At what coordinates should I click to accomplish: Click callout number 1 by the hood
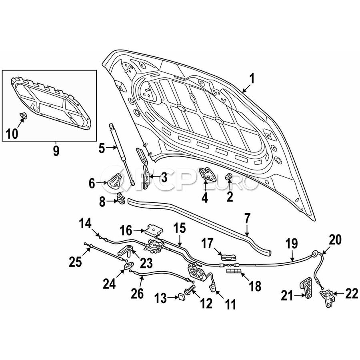[252, 79]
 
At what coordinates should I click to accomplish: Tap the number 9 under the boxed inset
[56, 151]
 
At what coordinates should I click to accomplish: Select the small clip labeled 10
[23, 117]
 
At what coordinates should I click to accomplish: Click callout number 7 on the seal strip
[247, 219]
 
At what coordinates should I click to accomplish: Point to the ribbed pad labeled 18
[234, 272]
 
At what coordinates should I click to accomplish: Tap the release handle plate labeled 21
[307, 288]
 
